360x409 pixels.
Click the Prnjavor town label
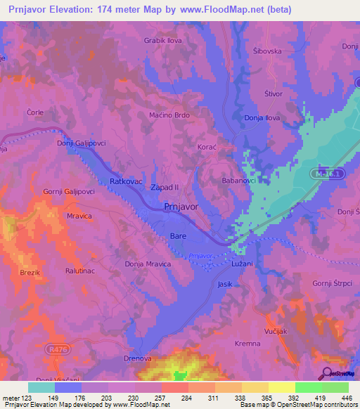(x=181, y=207)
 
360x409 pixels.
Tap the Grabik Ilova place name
(x=164, y=41)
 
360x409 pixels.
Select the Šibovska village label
(x=266, y=51)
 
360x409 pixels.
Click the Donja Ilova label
(x=262, y=117)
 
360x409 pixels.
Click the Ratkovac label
(x=127, y=181)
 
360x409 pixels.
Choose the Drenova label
(x=133, y=358)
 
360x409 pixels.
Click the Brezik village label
(x=30, y=273)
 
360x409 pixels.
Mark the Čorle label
(x=35, y=112)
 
